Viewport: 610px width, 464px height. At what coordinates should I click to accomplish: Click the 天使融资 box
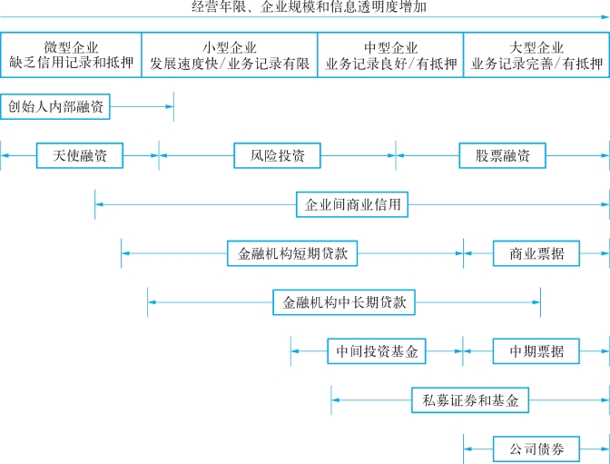click(79, 156)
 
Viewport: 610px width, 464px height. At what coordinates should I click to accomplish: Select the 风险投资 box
click(277, 156)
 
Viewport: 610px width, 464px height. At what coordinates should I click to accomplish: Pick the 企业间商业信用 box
click(352, 205)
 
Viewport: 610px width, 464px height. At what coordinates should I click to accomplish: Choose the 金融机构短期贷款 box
click(292, 253)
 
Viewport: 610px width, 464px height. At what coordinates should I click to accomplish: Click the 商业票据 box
click(536, 253)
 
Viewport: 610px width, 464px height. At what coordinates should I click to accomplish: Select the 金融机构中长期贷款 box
click(343, 302)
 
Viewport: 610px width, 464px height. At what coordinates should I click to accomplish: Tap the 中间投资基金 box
click(377, 351)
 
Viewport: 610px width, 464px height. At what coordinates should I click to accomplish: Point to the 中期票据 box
click(536, 351)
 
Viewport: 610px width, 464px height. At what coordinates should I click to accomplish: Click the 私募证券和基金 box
click(470, 400)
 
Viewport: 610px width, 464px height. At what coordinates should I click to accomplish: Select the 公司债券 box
click(536, 449)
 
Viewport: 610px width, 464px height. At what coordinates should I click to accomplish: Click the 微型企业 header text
click(71, 47)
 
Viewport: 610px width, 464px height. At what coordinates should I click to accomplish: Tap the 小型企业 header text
click(230, 47)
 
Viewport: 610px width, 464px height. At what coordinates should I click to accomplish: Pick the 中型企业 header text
click(390, 47)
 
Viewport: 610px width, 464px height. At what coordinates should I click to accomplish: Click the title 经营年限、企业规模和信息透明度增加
click(309, 7)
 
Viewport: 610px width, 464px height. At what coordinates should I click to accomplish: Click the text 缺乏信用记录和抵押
click(71, 64)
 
